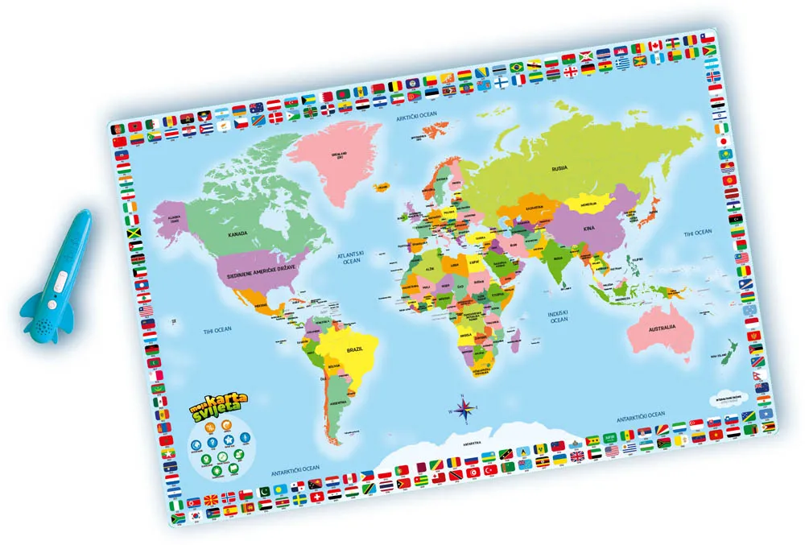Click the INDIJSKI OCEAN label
coord(559,316)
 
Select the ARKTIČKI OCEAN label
coord(415,118)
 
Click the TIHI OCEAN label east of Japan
coord(698,233)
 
